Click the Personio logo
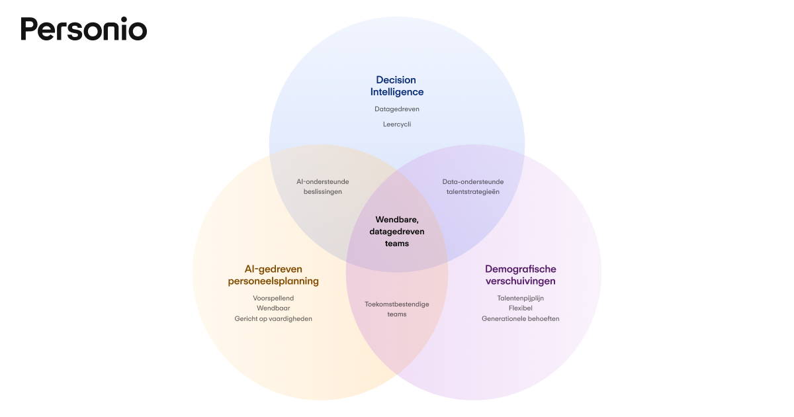point(83,29)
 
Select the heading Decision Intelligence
point(396,86)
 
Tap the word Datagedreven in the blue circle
point(396,109)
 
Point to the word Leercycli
point(396,124)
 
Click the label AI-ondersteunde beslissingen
point(322,186)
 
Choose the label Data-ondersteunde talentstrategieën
point(472,186)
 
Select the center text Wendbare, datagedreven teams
point(397,231)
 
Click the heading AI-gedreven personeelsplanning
point(273,275)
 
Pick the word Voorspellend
point(273,298)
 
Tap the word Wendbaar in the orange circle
point(273,308)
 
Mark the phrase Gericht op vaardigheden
point(273,318)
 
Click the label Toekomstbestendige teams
point(397,309)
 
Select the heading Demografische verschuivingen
point(520,275)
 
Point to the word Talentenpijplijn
point(520,298)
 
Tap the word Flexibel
point(520,308)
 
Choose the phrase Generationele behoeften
point(520,318)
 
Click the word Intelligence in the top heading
point(396,92)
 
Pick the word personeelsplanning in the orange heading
point(273,281)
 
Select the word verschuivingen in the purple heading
point(520,281)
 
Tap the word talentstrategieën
point(472,191)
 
